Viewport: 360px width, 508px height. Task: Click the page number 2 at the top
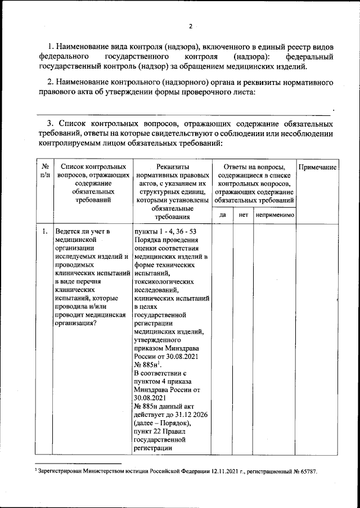point(191,26)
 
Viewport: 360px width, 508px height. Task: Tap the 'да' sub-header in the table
point(222,215)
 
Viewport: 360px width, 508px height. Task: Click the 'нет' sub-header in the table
point(243,215)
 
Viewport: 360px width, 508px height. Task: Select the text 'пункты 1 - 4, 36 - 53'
point(164,231)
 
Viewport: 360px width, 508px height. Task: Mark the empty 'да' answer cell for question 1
point(222,338)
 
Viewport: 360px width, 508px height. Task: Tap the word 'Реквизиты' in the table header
point(172,167)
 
